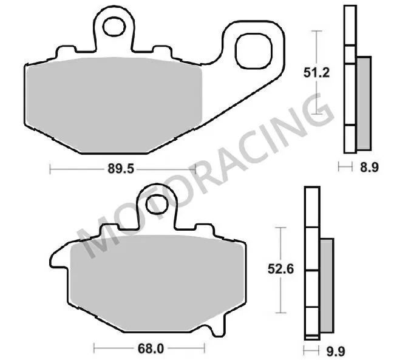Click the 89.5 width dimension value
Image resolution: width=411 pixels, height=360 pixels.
121,169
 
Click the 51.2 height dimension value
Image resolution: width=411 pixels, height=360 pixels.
316,72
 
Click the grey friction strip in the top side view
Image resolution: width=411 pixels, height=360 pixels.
363,103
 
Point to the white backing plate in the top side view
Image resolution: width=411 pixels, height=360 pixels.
349,79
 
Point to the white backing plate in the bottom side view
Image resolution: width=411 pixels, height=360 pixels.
310,261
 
